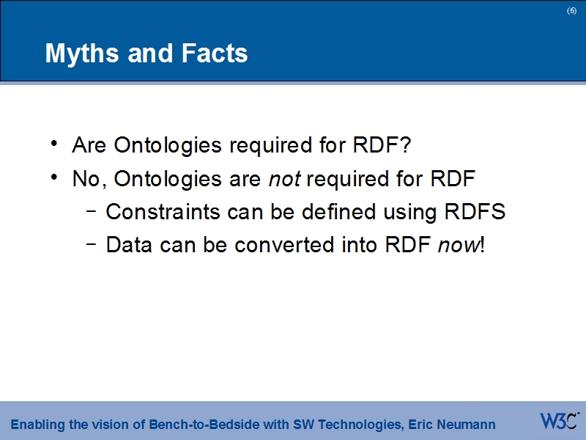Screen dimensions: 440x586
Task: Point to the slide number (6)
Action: coord(571,10)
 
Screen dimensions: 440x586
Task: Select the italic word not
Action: coord(284,179)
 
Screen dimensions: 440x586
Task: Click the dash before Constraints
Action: coord(91,212)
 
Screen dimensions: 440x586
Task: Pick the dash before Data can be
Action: coord(91,245)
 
